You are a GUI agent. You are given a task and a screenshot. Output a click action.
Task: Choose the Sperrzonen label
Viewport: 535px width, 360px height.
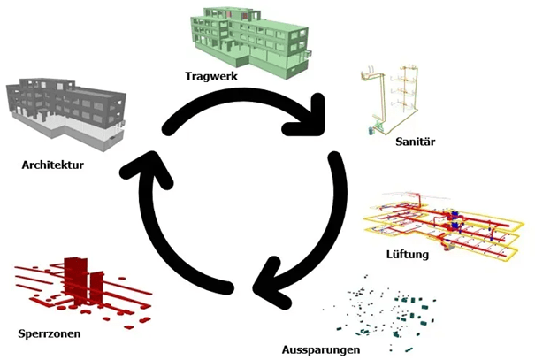[51, 333]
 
